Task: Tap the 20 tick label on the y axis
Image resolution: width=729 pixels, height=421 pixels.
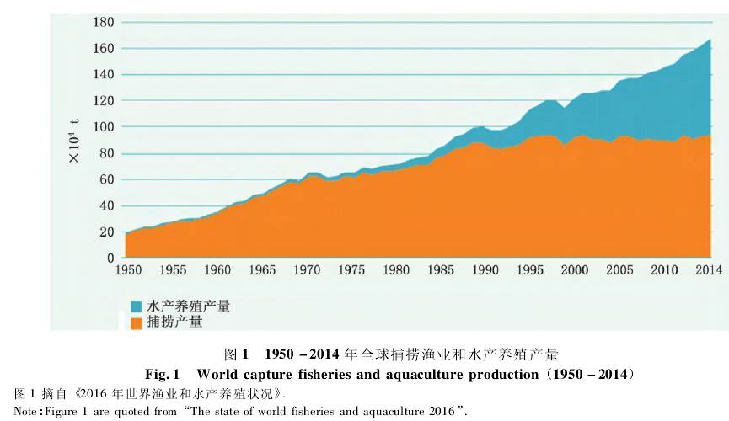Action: [x=107, y=232]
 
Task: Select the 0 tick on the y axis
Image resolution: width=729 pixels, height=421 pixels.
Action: [x=110, y=258]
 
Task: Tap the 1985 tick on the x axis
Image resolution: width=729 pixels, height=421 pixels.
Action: [x=441, y=270]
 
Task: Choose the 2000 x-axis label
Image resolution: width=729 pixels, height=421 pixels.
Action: [x=574, y=270]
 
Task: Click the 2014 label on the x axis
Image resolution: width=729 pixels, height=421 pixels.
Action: [x=709, y=270]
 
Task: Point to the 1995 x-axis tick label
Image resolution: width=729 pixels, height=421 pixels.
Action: [x=529, y=270]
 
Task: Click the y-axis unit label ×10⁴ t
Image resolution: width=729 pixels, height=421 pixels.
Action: [x=74, y=140]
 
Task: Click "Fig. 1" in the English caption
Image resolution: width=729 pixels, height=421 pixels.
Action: [x=166, y=373]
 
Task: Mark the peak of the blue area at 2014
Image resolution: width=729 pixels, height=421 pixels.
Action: [x=710, y=40]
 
